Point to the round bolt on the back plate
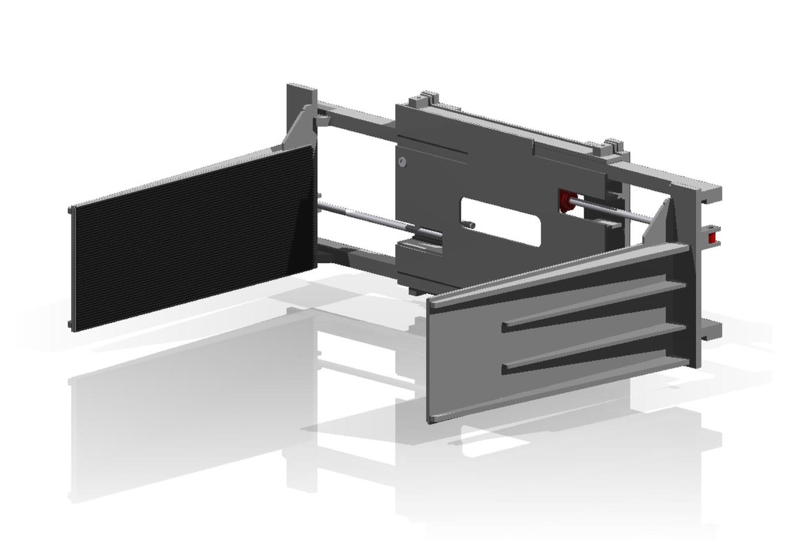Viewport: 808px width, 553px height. pos(403,162)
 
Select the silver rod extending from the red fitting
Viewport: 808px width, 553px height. pos(615,210)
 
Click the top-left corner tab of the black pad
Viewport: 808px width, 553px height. pos(71,209)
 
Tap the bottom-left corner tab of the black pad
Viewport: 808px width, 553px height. pos(71,325)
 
